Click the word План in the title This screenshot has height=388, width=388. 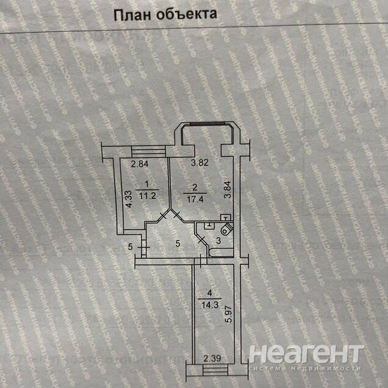pos(132,16)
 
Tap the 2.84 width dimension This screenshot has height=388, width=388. pos(140,163)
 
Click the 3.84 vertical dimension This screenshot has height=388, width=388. pos(227,192)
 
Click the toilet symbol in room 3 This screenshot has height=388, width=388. pos(226,228)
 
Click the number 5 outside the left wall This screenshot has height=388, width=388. pos(131,246)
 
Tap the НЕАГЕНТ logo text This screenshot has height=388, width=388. pos(307,354)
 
